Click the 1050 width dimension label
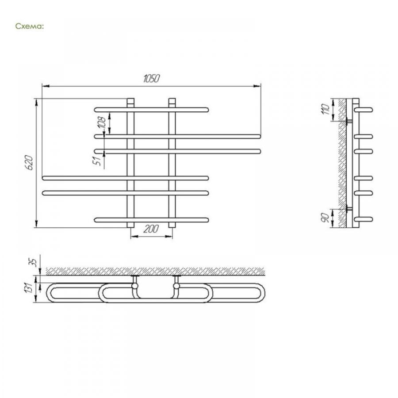pyautogui.click(x=151, y=79)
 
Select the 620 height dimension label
pyautogui.click(x=29, y=162)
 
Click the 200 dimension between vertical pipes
pyautogui.click(x=151, y=229)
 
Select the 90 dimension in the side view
pyautogui.click(x=325, y=218)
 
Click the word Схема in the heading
pyautogui.click(x=30, y=26)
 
